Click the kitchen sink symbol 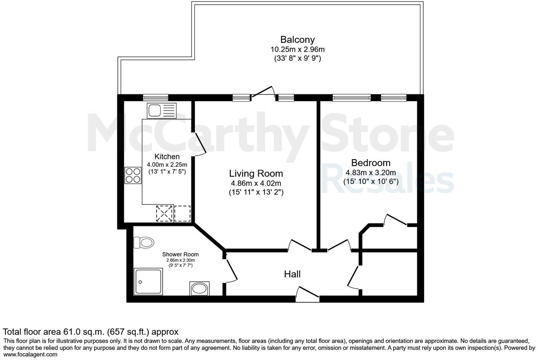point(161,110)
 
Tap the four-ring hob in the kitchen point(133,175)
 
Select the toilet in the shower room point(144,243)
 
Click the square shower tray point(148,281)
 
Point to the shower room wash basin point(199,288)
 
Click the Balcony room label point(297,40)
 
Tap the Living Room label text point(256,174)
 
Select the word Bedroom point(371,163)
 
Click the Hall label point(292,274)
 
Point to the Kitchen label point(167,157)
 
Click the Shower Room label point(180,255)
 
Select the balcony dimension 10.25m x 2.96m point(297,49)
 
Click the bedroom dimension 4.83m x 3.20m point(371,172)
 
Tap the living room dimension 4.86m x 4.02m point(256,183)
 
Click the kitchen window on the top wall point(155,97)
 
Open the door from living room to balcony point(263,92)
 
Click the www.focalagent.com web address point(30,354)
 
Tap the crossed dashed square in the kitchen point(165,213)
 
